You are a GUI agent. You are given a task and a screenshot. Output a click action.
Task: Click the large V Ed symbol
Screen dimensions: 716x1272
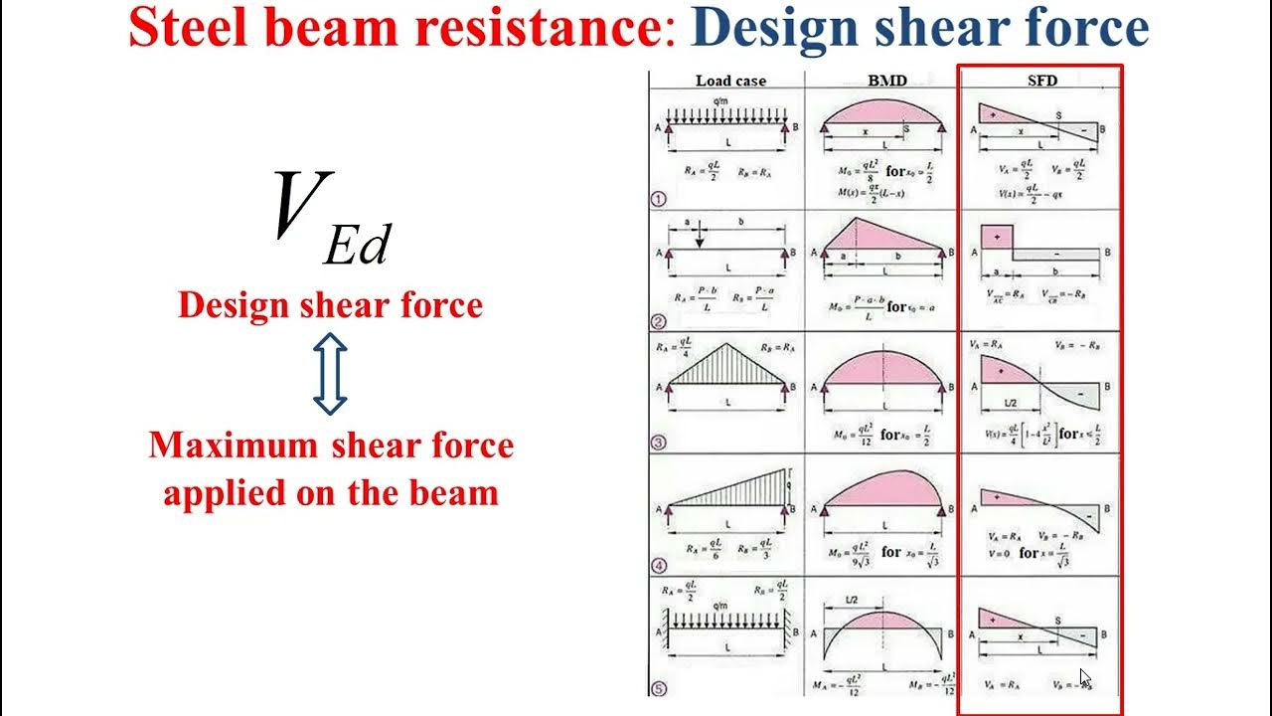pyautogui.click(x=331, y=217)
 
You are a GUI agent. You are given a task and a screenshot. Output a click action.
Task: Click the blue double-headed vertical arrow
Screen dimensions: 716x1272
pyautogui.click(x=330, y=374)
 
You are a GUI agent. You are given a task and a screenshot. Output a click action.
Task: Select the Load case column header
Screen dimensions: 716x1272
pyautogui.click(x=730, y=81)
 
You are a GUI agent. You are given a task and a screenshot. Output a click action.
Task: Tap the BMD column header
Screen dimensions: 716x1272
pyautogui.click(x=886, y=81)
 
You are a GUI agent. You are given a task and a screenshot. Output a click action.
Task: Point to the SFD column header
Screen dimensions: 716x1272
pyautogui.click(x=1042, y=81)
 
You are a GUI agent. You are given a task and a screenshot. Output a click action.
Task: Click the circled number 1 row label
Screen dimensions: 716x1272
pyautogui.click(x=658, y=198)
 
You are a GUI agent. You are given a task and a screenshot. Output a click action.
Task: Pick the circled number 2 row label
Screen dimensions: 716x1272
pyautogui.click(x=658, y=320)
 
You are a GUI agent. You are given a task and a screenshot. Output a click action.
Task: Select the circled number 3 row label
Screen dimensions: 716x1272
pyautogui.click(x=658, y=443)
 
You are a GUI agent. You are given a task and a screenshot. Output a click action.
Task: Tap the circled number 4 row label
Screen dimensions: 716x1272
pyautogui.click(x=658, y=566)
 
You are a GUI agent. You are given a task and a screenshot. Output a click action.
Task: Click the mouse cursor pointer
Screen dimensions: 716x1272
pyautogui.click(x=1085, y=679)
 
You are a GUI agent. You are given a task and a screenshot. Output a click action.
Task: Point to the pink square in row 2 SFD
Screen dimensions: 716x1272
pyautogui.click(x=996, y=238)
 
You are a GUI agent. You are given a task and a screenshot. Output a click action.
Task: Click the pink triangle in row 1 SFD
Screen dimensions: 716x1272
pyautogui.click(x=999, y=113)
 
